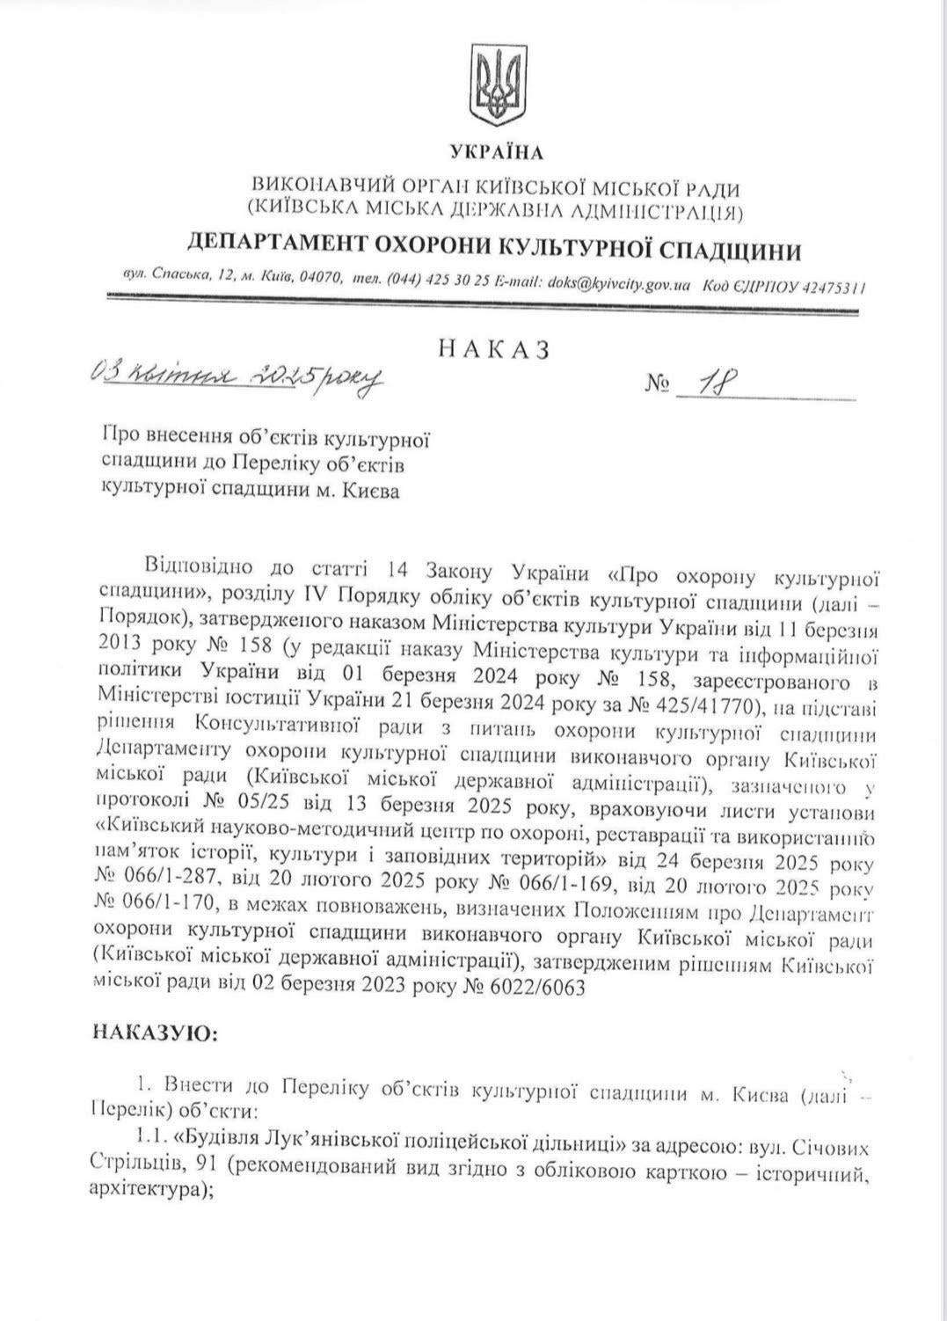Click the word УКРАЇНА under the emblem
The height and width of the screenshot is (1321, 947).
tap(497, 153)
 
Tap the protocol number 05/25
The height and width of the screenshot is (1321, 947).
tap(251, 806)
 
